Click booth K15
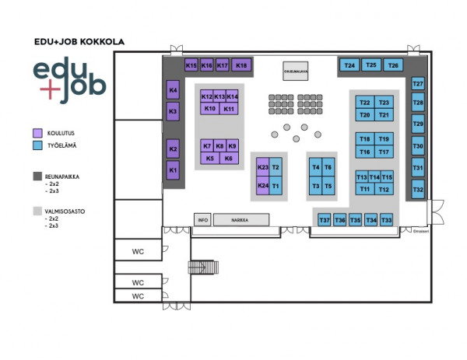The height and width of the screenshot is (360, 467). [191, 66]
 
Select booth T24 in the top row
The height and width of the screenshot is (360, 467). [349, 66]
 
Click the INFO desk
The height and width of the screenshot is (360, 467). [203, 220]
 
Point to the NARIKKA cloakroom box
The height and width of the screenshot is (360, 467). [241, 220]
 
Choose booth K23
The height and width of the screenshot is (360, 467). [263, 168]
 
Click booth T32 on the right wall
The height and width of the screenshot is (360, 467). [418, 190]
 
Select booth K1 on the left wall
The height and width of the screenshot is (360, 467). [174, 170]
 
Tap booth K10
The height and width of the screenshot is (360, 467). [209, 109]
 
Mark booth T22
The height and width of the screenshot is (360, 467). [365, 103]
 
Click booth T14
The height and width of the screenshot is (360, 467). [375, 177]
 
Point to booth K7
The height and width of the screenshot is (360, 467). [207, 146]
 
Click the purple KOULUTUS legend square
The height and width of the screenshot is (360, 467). [37, 133]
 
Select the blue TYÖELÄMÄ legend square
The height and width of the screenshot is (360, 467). [37, 145]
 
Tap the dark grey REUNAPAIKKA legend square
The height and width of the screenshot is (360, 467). [37, 177]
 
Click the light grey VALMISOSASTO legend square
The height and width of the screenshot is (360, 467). [37, 210]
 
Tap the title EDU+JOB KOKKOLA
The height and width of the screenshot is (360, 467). [79, 42]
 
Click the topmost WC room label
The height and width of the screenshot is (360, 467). [138, 250]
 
